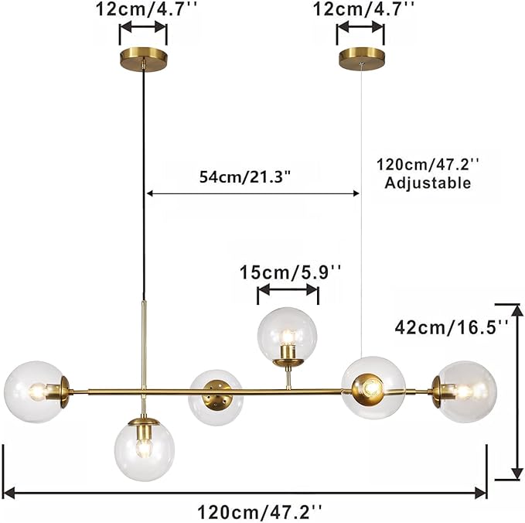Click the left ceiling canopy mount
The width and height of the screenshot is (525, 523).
(x=144, y=59)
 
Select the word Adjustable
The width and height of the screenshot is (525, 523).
(x=428, y=183)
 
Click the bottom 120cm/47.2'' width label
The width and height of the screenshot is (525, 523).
(x=259, y=511)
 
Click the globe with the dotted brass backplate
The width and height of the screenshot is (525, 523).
(x=216, y=397)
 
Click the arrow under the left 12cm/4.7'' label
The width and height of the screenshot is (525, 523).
(x=143, y=29)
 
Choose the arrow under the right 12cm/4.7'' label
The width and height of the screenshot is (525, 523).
(x=360, y=29)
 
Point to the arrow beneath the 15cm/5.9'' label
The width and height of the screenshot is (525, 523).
(x=288, y=290)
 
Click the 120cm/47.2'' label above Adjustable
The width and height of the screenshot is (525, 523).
(x=428, y=165)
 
